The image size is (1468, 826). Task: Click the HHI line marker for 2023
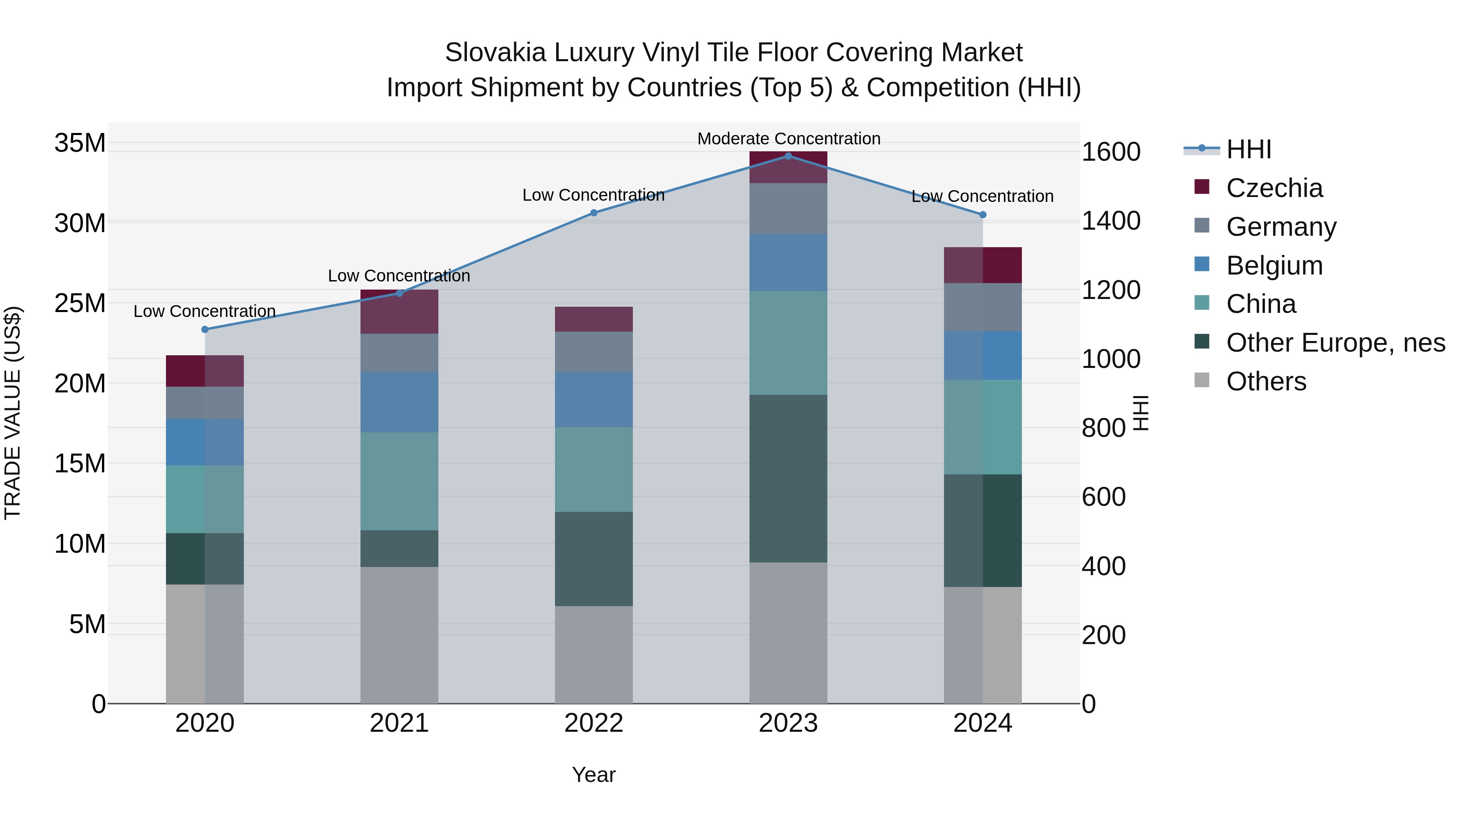pos(788,156)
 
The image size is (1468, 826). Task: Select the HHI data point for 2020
pos(205,330)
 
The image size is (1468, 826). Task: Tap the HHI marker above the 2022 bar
pos(594,213)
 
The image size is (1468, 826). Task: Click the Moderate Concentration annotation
pos(789,139)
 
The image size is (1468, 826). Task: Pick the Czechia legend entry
pos(1274,188)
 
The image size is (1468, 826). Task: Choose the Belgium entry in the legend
pos(1274,266)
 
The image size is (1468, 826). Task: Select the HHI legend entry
pos(1248,149)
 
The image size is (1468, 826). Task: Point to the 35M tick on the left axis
pos(80,143)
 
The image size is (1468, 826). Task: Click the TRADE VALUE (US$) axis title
pos(13,413)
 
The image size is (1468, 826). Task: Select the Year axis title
pos(594,775)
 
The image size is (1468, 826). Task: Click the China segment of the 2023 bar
pos(788,343)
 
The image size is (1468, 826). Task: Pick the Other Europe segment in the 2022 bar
pos(594,559)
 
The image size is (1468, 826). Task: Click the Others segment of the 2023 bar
pos(788,633)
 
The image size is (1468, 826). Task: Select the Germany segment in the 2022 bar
pos(594,352)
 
